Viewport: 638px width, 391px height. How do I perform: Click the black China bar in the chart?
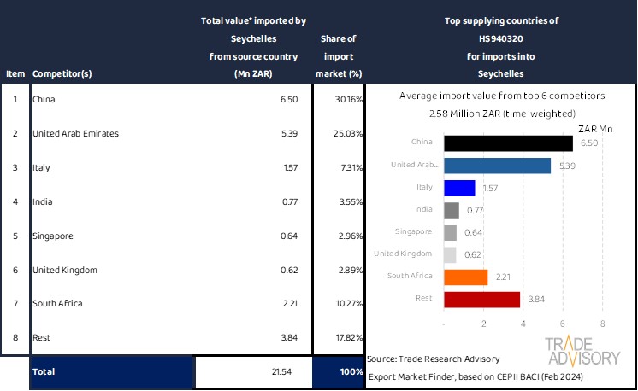(508, 143)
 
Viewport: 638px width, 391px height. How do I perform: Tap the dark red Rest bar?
(482, 299)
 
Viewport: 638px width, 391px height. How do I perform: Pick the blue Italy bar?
(459, 188)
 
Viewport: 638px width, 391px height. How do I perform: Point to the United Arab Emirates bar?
(498, 166)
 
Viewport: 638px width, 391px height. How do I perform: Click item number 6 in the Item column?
(15, 270)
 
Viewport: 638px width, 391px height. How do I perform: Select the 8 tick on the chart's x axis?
(603, 324)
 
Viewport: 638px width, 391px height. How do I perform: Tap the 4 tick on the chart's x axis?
(523, 324)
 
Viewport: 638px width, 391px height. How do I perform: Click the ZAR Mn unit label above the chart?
(596, 128)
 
